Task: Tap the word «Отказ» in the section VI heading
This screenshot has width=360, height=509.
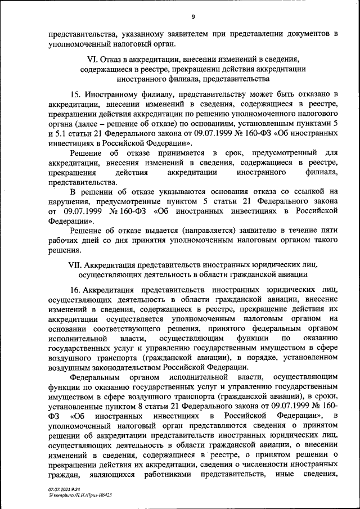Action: [112, 59]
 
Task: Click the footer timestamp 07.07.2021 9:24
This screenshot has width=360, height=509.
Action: [62, 490]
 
